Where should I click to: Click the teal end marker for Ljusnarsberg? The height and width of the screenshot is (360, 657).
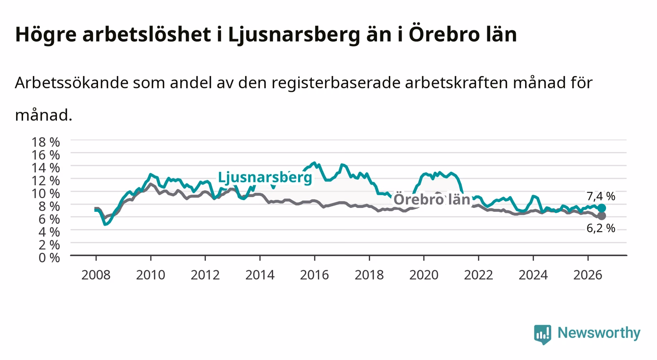pyautogui.click(x=602, y=208)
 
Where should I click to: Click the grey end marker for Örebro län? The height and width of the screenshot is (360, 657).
pyautogui.click(x=602, y=216)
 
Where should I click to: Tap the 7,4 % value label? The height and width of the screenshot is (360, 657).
pyautogui.click(x=601, y=196)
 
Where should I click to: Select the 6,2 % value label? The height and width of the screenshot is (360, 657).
pyautogui.click(x=601, y=228)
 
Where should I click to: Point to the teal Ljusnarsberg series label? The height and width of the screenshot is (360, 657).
pyautogui.click(x=265, y=178)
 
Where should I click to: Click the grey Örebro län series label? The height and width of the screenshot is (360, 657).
pyautogui.click(x=432, y=199)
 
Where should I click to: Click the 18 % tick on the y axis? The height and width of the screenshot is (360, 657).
pyautogui.click(x=46, y=142)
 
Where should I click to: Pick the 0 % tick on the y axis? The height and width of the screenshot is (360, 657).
pyautogui.click(x=49, y=258)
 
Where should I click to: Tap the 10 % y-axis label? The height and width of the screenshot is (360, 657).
pyautogui.click(x=46, y=194)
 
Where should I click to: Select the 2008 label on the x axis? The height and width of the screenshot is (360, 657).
pyautogui.click(x=96, y=275)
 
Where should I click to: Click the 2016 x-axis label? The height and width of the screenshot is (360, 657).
pyautogui.click(x=314, y=275)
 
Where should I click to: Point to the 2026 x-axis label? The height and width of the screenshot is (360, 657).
pyautogui.click(x=588, y=275)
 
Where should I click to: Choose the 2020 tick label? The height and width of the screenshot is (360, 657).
pyautogui.click(x=424, y=275)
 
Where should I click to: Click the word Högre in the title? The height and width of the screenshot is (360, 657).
pyautogui.click(x=46, y=35)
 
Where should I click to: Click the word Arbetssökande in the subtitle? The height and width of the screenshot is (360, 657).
pyautogui.click(x=72, y=83)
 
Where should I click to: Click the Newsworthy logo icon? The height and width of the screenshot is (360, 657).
pyautogui.click(x=543, y=334)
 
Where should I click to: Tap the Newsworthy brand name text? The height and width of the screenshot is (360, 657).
pyautogui.click(x=599, y=333)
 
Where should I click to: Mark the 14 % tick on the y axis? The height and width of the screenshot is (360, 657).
pyautogui.click(x=46, y=168)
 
